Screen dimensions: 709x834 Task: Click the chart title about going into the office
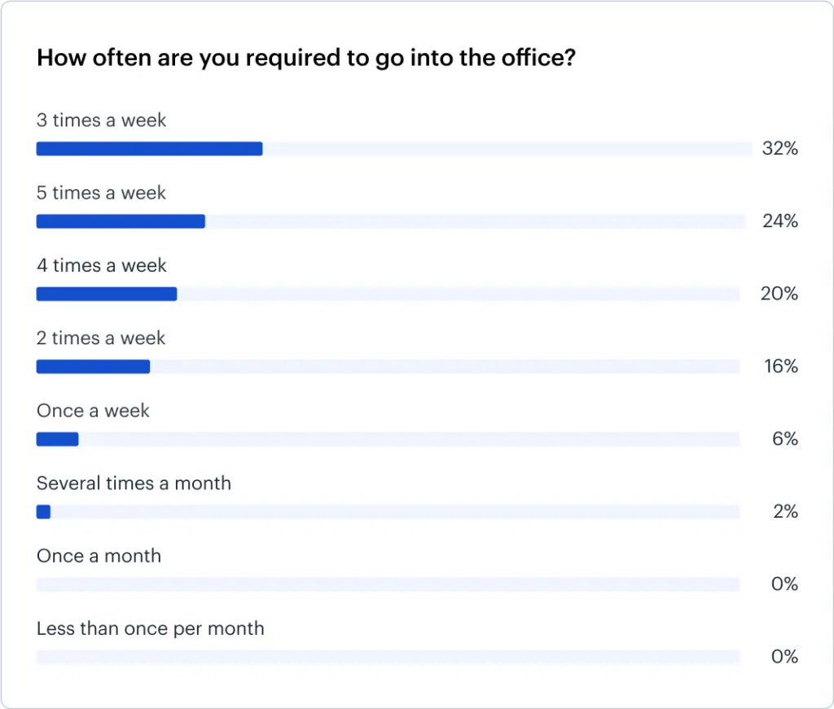point(306,59)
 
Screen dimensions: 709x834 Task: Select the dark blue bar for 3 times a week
point(149,149)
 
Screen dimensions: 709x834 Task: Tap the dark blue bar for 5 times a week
point(121,221)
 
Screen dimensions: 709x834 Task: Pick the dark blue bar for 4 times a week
point(107,294)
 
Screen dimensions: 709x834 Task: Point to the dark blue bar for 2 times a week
point(93,366)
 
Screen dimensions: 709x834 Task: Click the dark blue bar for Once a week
point(57,440)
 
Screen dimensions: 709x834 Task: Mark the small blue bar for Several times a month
point(43,512)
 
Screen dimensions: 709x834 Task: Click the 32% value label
point(779,149)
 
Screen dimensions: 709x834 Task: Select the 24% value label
point(779,221)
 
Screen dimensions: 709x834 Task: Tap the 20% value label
point(779,294)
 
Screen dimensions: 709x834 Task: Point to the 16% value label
point(780,366)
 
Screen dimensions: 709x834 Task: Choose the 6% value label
point(784,440)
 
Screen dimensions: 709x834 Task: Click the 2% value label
point(784,512)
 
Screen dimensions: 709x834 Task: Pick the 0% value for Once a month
point(784,584)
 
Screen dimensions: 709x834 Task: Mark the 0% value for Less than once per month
point(784,657)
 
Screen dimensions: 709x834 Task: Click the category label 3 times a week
point(101,120)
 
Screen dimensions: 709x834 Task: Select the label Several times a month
point(134,484)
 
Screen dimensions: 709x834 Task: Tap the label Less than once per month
point(150,628)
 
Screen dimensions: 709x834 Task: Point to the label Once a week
point(93,411)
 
